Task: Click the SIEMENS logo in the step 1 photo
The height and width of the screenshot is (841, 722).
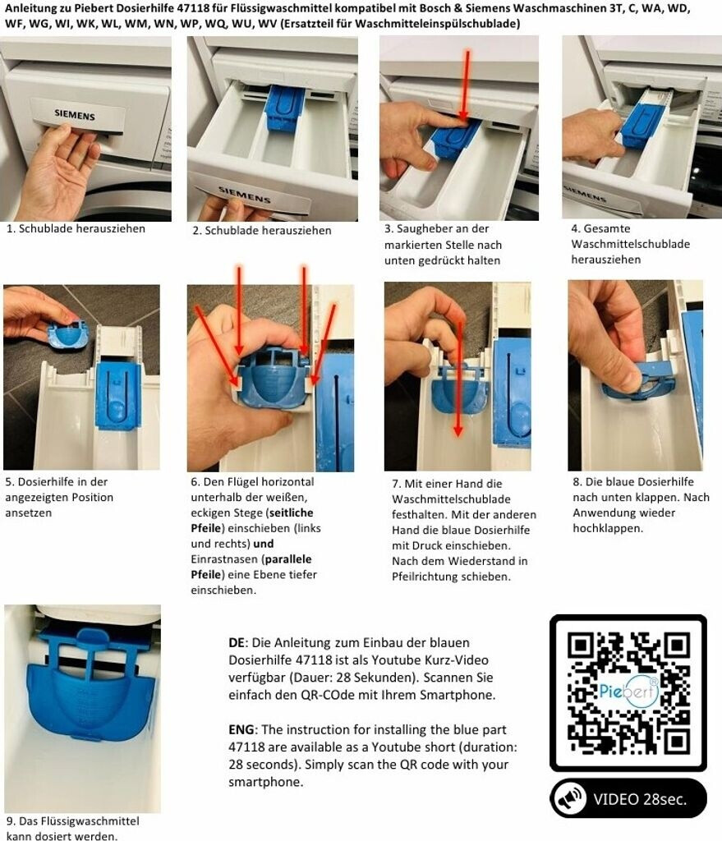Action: tap(75, 115)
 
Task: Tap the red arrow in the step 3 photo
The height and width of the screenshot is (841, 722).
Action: tap(466, 85)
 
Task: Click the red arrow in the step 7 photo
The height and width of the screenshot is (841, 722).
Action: tap(459, 378)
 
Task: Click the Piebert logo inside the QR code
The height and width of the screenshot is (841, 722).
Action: tap(628, 691)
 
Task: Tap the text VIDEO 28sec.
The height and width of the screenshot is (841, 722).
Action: tap(640, 799)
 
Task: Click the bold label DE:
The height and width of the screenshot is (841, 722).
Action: tap(238, 642)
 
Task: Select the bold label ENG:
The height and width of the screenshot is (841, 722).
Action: tap(242, 729)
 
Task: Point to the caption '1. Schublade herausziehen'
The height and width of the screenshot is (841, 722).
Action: tap(76, 228)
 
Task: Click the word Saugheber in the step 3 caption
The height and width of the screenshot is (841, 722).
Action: tap(422, 228)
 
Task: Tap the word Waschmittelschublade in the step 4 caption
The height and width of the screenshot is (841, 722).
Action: tap(630, 244)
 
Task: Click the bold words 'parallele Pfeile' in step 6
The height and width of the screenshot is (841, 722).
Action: tap(251, 567)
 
